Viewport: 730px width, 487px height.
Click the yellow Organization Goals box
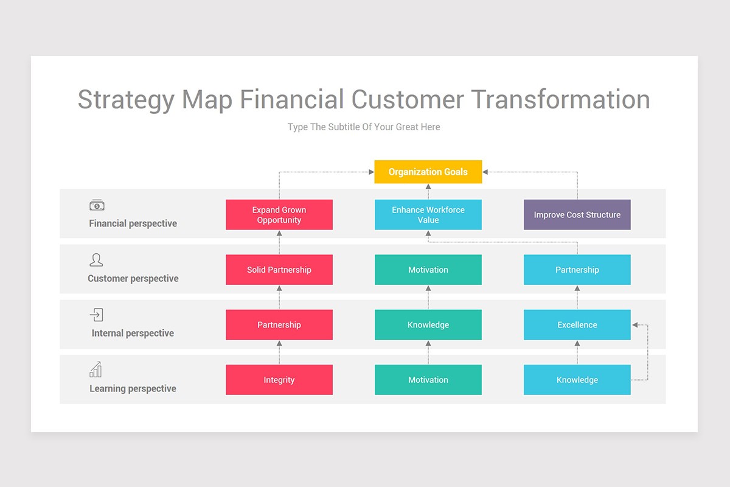pyautogui.click(x=428, y=172)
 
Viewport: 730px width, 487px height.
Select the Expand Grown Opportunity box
pyautogui.click(x=279, y=215)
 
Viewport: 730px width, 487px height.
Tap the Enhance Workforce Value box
pyautogui.click(x=428, y=215)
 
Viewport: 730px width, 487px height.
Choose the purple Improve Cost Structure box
pyautogui.click(x=577, y=215)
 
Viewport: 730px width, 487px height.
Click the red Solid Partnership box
pyautogui.click(x=279, y=270)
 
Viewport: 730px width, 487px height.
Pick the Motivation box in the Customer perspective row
pyautogui.click(x=428, y=270)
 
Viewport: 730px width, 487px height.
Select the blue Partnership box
pyautogui.click(x=577, y=270)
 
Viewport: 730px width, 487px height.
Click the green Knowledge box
pyautogui.click(x=428, y=324)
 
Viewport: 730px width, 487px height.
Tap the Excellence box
pyautogui.click(x=577, y=324)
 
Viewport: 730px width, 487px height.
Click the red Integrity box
pyautogui.click(x=279, y=380)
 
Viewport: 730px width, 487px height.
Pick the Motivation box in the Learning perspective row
pyautogui.click(x=428, y=380)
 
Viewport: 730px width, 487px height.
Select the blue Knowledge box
pyautogui.click(x=577, y=380)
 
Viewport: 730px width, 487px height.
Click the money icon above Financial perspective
pyautogui.click(x=97, y=206)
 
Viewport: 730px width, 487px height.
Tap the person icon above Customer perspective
pyautogui.click(x=96, y=260)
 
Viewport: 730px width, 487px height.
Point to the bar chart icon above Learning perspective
pyautogui.click(x=96, y=370)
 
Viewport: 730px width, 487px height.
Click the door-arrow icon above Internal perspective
pyautogui.click(x=96, y=315)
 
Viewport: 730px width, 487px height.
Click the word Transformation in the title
pyautogui.click(x=560, y=100)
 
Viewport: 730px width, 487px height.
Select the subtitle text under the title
pyautogui.click(x=364, y=127)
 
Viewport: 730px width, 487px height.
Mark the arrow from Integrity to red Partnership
pyautogui.click(x=279, y=352)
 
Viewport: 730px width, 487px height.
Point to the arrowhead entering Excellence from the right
pyautogui.click(x=635, y=325)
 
